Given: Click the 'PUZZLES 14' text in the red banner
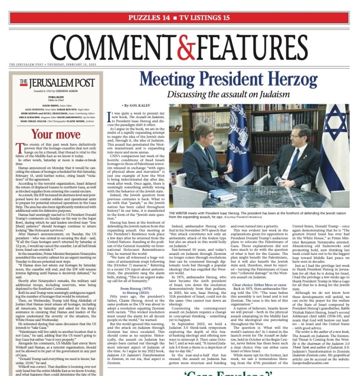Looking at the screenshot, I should pos(148,18).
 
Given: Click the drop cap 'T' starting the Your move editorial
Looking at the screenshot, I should pos(32,148).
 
